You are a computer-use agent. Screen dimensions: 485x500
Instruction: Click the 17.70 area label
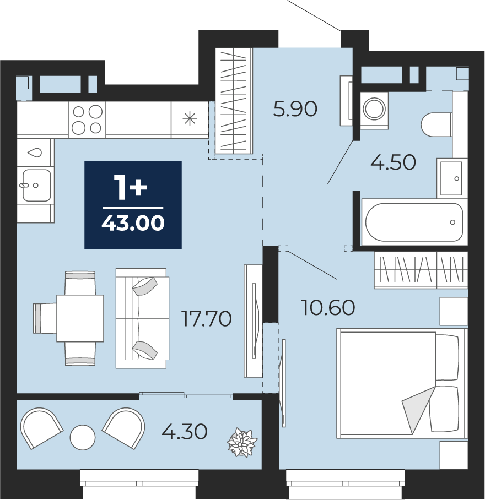click(x=206, y=319)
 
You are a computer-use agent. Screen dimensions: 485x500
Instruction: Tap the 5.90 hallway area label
click(x=295, y=108)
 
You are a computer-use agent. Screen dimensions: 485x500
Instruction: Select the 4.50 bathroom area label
click(x=393, y=162)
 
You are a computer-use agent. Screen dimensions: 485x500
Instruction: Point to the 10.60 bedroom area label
click(x=328, y=307)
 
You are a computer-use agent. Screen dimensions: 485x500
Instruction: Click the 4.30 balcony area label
click(x=185, y=432)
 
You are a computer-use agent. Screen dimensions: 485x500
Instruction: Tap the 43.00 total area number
click(x=133, y=222)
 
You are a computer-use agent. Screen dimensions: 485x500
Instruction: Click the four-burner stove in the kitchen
click(x=87, y=119)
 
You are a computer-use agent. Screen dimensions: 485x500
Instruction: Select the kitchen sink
click(x=36, y=185)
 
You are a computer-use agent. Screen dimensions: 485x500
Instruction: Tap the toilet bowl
click(x=436, y=124)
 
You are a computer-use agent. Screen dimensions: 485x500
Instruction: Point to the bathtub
click(x=414, y=222)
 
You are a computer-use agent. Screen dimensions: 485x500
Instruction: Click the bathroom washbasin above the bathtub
click(x=451, y=178)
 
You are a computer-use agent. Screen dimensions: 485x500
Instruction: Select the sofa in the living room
click(x=142, y=318)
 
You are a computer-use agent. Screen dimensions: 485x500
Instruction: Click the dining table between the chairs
click(x=80, y=318)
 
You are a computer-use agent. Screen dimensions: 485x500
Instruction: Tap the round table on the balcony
click(x=83, y=437)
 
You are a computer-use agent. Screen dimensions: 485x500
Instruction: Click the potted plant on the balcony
click(x=242, y=443)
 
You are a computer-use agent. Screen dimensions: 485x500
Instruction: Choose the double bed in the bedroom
click(x=402, y=383)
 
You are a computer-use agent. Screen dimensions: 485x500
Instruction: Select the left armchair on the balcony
click(x=41, y=428)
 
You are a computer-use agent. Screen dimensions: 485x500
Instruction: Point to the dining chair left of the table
click(x=45, y=318)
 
